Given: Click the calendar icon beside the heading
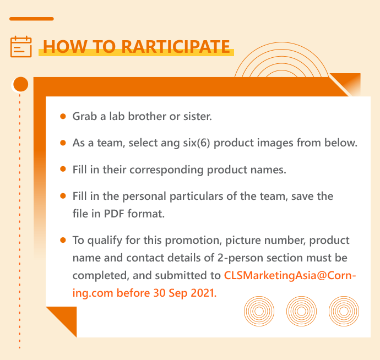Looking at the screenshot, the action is (x=21, y=47).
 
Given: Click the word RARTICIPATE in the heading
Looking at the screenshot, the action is (x=176, y=47).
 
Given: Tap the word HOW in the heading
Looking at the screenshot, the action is (x=65, y=47).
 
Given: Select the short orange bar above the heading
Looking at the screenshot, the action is (x=31, y=19).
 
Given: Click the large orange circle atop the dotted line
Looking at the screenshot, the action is (x=20, y=84).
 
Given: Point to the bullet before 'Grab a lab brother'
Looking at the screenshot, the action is (x=63, y=116).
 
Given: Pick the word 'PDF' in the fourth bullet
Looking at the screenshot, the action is (x=114, y=214).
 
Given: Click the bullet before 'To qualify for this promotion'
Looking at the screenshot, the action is (x=63, y=240).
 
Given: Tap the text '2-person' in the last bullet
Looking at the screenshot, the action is (x=240, y=258).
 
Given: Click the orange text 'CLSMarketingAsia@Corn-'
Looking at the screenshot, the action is (x=290, y=275).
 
